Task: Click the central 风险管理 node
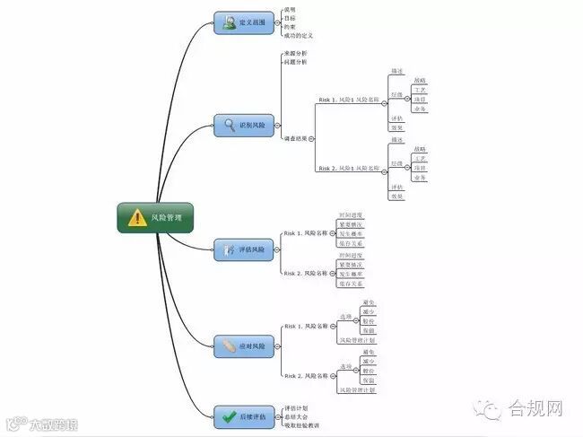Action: [155, 217]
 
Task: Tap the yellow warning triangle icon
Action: [136, 217]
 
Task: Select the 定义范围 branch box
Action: [244, 22]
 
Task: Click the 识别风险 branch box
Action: [244, 126]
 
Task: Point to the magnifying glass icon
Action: [230, 126]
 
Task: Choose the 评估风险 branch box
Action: [244, 249]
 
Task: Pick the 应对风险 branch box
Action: [244, 345]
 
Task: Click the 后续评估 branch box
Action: [244, 416]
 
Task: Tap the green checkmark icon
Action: [229, 416]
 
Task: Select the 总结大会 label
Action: [295, 416]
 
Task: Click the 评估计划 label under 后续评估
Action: [295, 407]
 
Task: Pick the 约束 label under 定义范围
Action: [289, 27]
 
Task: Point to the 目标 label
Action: [289, 18]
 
